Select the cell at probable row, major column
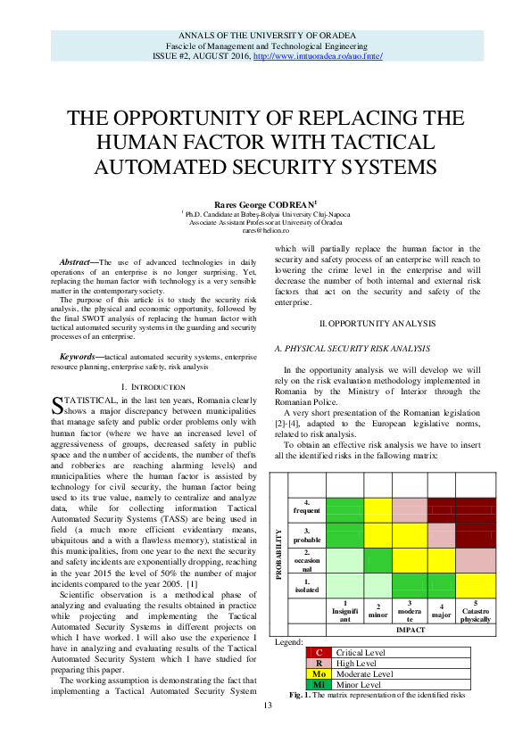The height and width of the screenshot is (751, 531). coord(442,535)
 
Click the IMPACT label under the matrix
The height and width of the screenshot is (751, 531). coord(410,630)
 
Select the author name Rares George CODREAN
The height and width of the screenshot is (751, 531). coord(264,203)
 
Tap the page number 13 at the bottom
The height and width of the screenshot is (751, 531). coord(266,731)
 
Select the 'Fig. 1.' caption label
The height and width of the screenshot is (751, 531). coord(303,695)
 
